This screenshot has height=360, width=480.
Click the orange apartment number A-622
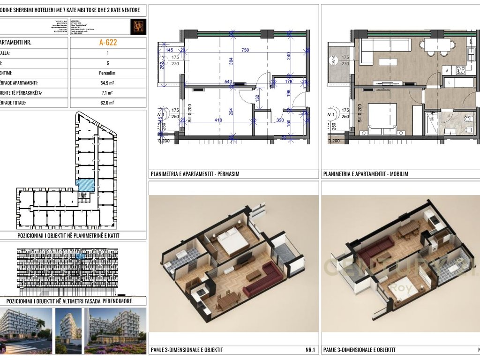108,42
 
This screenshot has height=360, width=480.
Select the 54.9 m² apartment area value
108,83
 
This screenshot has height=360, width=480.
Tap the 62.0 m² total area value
108,103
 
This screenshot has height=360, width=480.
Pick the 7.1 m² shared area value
108,93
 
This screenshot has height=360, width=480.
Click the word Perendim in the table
108,73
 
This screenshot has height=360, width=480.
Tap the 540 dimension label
229,82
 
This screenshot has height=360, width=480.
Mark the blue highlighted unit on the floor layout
86,185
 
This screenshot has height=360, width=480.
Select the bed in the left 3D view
232,241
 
